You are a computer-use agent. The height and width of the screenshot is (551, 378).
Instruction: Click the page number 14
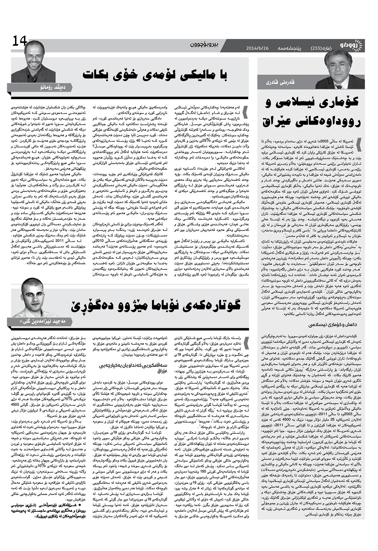click(x=20, y=41)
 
